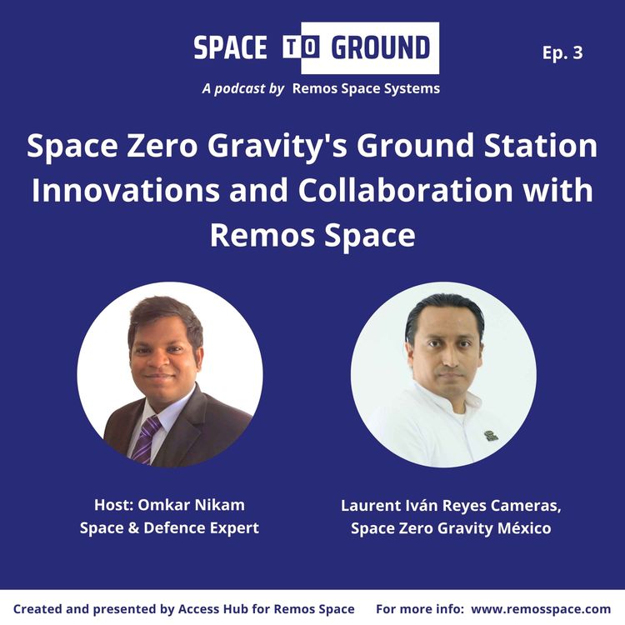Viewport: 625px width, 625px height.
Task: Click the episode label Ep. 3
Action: (562, 52)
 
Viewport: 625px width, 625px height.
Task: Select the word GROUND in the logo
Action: (380, 48)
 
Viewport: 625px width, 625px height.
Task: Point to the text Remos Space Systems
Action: (366, 87)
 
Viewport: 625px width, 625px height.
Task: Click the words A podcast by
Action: (243, 87)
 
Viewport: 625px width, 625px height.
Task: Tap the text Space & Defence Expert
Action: (170, 528)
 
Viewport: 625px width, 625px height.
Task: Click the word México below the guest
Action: (522, 528)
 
